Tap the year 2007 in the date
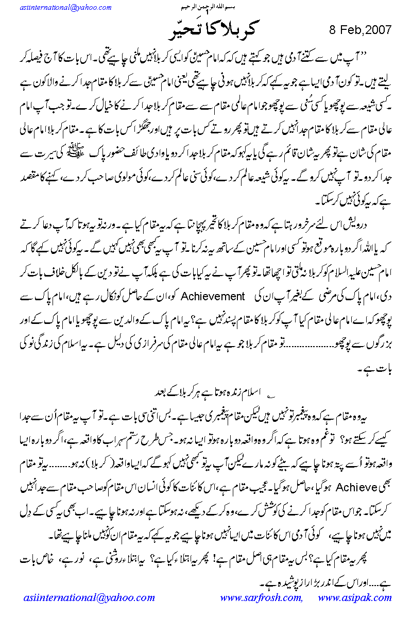point(379,29)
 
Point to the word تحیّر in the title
point(180,30)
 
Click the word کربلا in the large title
point(236,30)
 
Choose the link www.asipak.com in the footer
point(355,597)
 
